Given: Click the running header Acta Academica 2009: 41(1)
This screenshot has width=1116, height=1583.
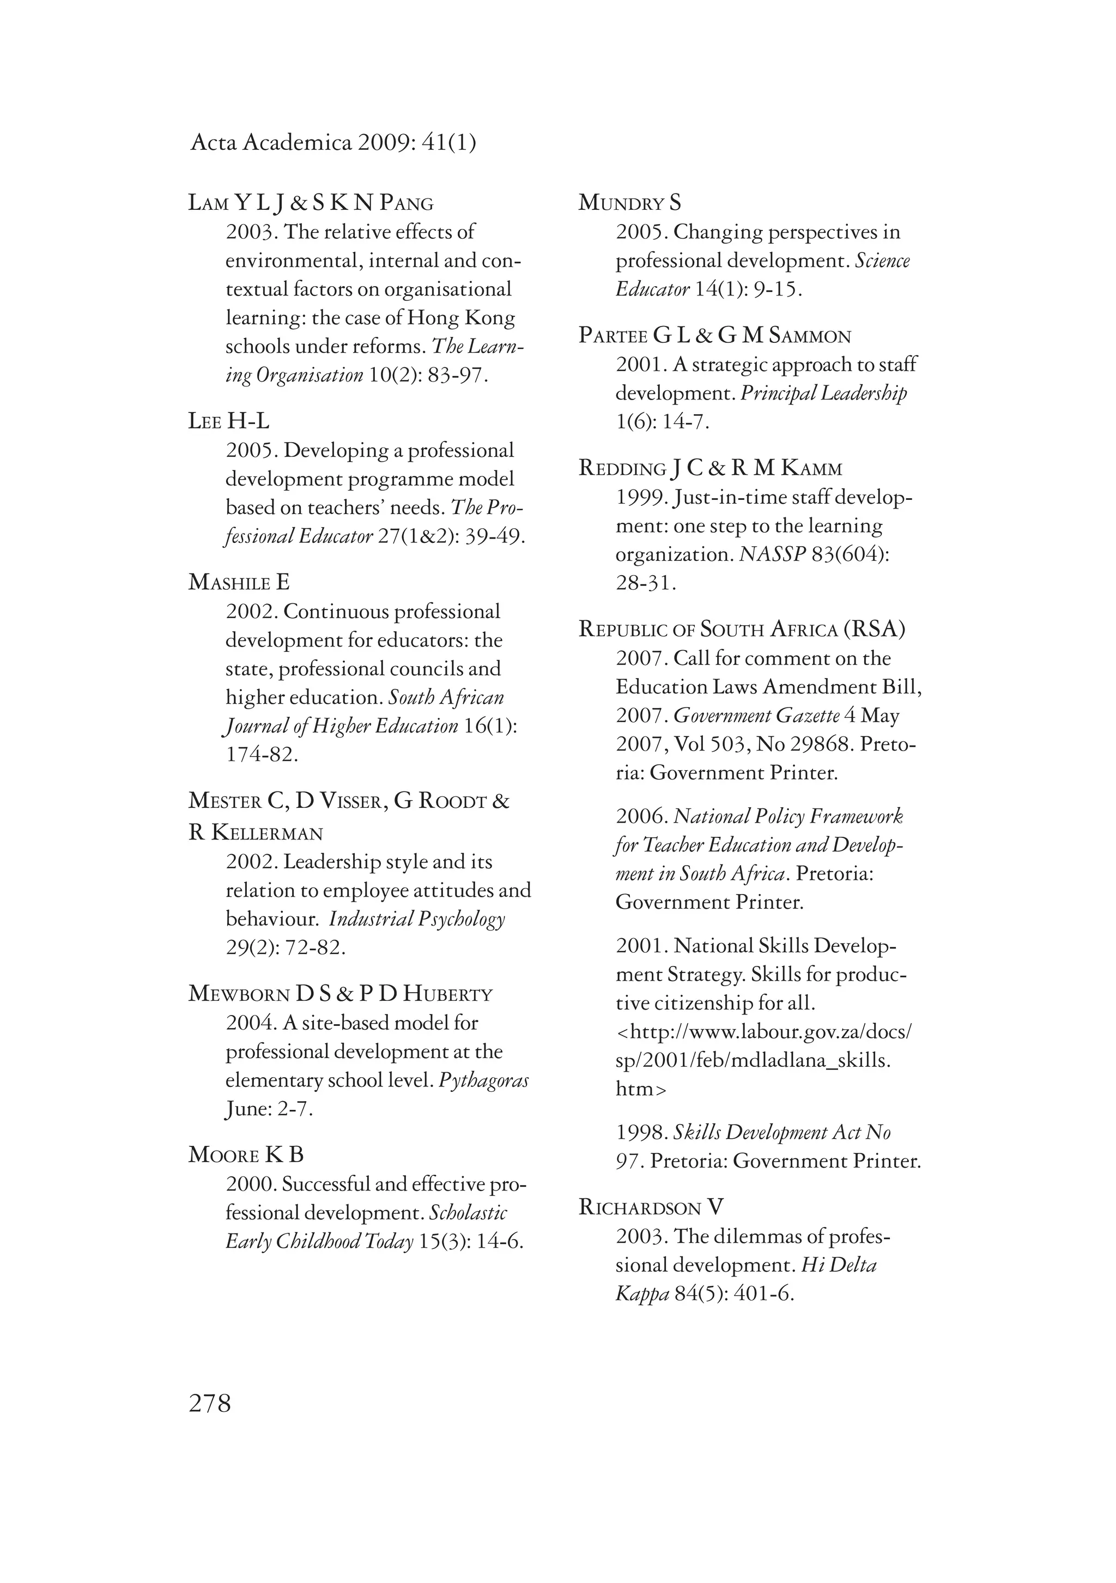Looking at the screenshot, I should click(x=333, y=143).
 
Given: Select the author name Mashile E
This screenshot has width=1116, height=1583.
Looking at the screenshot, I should click(x=239, y=583).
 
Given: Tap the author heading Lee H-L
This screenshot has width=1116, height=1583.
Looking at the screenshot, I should click(x=229, y=421).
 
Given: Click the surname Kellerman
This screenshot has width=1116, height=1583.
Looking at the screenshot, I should click(x=267, y=833).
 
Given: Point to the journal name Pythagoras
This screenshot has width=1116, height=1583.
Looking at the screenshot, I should click(x=484, y=1080).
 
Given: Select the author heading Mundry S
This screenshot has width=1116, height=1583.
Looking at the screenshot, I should click(x=629, y=203).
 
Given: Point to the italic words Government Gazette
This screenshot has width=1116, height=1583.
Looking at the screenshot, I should click(x=756, y=716).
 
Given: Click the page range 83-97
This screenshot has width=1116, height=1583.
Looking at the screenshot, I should click(x=458, y=375).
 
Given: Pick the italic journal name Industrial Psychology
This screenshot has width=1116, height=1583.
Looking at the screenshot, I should click(x=417, y=919).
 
